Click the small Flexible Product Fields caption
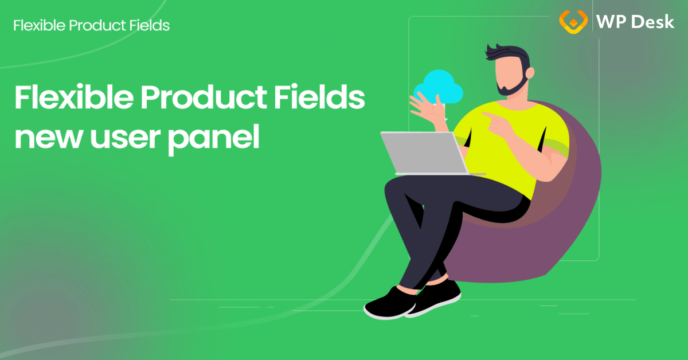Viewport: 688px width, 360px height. pos(91,26)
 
